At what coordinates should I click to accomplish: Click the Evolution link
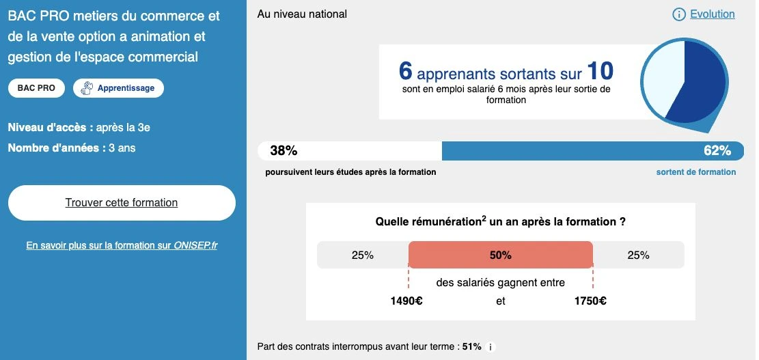coord(712,14)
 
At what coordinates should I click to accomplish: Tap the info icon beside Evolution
coord(679,14)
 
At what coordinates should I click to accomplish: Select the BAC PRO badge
coord(36,88)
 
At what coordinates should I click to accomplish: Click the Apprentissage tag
coord(119,88)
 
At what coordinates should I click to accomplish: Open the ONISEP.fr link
coord(122,245)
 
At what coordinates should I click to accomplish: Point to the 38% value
coord(284,151)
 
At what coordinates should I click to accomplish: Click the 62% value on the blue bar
coord(717,151)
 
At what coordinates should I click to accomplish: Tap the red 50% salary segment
coord(501,255)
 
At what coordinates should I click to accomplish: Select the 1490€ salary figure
coord(406,301)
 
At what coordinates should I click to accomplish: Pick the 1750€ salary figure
coord(590,301)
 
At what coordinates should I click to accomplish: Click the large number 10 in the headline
coord(601,71)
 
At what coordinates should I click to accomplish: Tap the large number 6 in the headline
coord(406,71)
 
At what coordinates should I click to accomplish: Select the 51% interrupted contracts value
coord(472,346)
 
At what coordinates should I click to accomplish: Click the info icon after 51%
coord(491,347)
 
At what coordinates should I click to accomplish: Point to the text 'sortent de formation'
coord(696,171)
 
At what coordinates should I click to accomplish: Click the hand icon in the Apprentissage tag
coord(87,88)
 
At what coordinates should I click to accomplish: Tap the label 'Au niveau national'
coord(302,14)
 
